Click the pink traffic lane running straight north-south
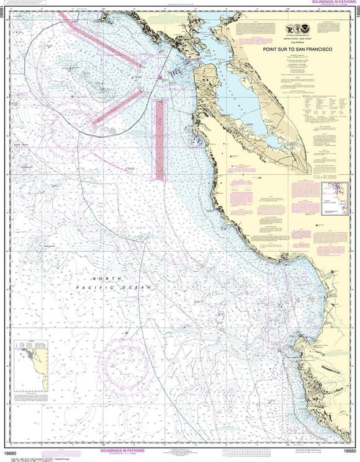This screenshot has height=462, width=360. (x=160, y=140)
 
